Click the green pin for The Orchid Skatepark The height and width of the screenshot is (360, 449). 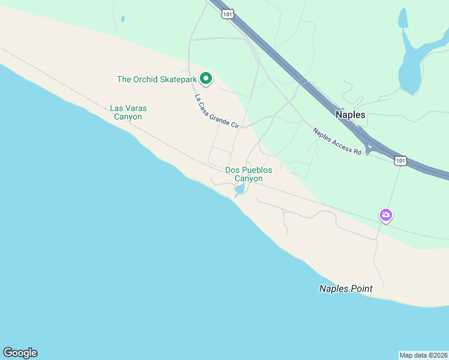point(206,78)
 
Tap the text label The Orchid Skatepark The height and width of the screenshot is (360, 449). point(157,79)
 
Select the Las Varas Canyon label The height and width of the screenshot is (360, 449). point(128,112)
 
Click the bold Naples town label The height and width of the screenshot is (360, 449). point(351,114)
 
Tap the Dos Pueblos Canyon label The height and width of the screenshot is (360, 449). point(249,174)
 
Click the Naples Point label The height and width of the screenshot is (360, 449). point(345,289)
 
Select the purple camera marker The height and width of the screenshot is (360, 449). point(385,215)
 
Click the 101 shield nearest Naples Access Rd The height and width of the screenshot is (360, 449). point(400,160)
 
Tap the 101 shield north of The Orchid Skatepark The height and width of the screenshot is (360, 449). point(228,13)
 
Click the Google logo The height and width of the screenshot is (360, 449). point(20,352)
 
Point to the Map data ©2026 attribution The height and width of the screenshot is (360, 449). point(423,355)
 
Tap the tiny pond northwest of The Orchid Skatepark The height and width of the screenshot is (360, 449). point(122,19)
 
